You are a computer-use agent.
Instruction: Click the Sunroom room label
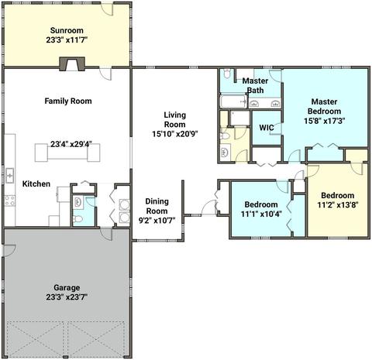67,30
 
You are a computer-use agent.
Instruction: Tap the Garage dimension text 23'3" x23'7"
67,297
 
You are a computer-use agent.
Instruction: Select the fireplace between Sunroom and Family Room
72,63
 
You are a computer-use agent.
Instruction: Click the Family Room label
68,101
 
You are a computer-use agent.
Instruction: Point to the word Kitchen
36,183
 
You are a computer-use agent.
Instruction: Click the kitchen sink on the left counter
10,176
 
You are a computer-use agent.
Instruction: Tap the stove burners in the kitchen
10,201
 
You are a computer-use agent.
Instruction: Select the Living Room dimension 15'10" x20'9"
175,134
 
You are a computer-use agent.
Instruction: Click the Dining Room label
157,206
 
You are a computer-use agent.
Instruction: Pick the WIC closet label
267,128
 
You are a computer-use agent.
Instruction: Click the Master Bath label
255,85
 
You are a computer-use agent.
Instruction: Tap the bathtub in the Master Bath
233,101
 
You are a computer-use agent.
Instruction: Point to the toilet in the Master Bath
227,74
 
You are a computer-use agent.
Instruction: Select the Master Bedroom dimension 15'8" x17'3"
325,121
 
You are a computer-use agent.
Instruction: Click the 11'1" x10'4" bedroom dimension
261,214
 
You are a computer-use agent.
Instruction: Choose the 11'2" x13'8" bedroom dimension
337,205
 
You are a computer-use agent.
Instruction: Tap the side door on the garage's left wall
9,251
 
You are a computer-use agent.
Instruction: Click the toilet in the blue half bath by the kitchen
77,220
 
